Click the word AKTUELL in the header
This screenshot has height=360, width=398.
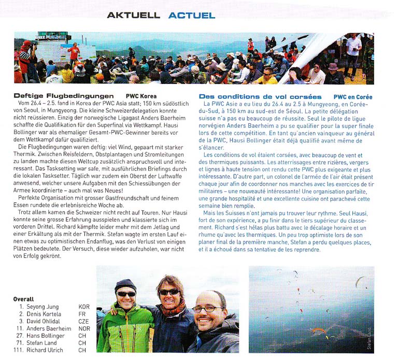click(x=133, y=15)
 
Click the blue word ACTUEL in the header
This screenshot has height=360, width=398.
click(x=191, y=15)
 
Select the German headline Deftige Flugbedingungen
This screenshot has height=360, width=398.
click(x=64, y=96)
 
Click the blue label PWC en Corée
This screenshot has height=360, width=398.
click(x=352, y=96)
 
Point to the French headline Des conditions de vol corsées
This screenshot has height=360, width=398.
click(x=260, y=96)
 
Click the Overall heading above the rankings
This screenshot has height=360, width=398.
click(x=23, y=299)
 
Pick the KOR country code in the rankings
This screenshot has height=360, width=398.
click(x=83, y=307)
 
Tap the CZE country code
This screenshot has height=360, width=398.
click(x=83, y=321)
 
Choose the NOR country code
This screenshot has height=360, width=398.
click(x=83, y=328)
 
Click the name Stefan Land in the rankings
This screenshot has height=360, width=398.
click(x=42, y=343)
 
